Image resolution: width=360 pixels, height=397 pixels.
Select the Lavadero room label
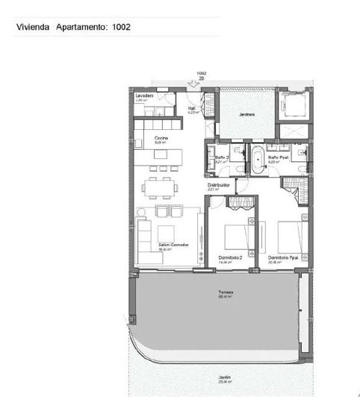(144, 96)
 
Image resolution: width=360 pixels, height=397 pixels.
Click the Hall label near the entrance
(191, 107)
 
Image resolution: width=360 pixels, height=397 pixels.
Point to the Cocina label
(161, 138)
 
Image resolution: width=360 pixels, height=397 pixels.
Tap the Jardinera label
(246, 114)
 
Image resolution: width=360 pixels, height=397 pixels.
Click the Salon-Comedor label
(171, 245)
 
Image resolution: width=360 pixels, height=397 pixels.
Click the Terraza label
(226, 292)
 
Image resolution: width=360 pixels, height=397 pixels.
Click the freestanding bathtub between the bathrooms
(256, 160)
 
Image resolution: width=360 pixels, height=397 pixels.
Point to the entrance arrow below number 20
(196, 84)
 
